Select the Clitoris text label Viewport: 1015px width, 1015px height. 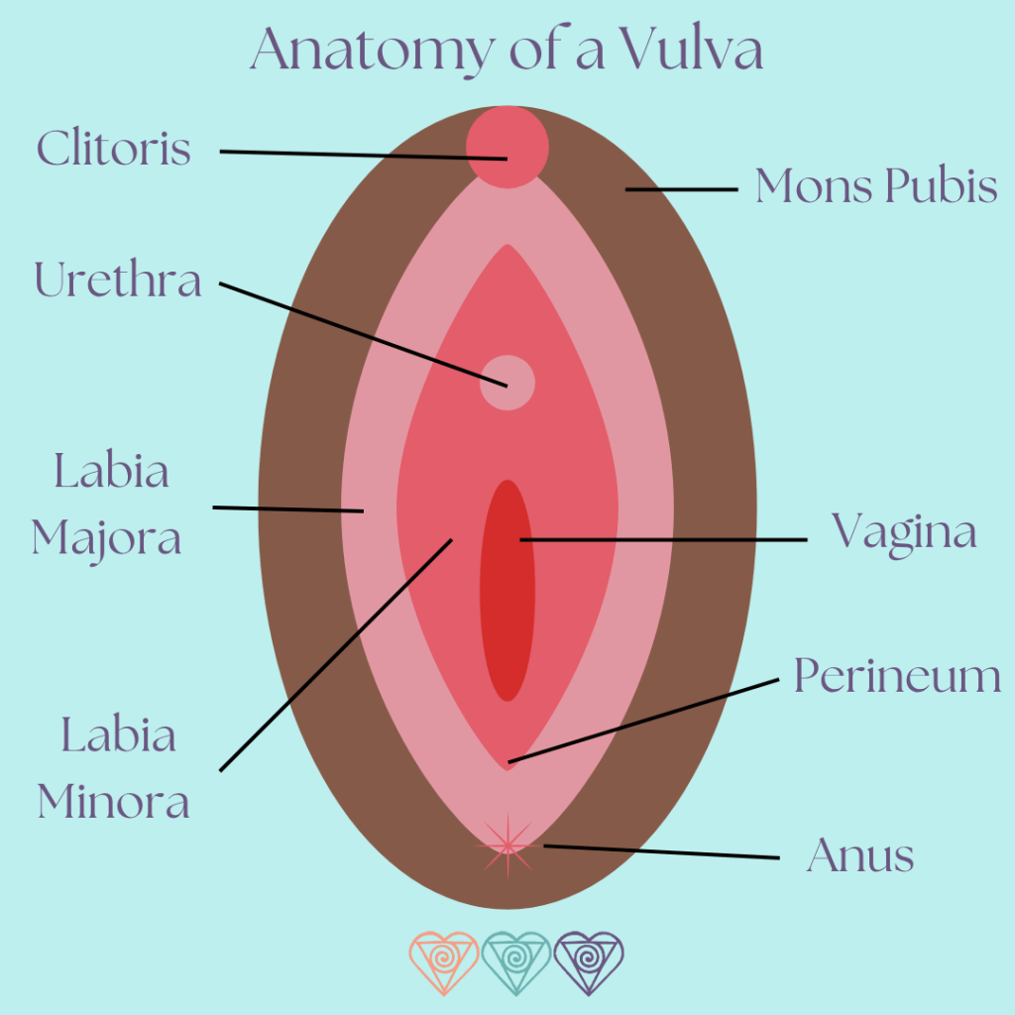pyautogui.click(x=114, y=149)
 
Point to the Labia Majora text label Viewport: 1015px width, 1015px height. pyautogui.click(x=107, y=505)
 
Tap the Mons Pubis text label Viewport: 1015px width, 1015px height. pyautogui.click(x=876, y=186)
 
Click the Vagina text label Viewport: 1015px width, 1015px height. pyautogui.click(x=904, y=532)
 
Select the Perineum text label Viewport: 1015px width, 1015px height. pyautogui.click(x=897, y=678)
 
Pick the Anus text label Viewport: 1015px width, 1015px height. pyautogui.click(x=860, y=855)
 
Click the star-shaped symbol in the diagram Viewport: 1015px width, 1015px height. pyautogui.click(x=508, y=846)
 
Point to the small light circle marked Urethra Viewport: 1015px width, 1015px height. pyautogui.click(x=507, y=383)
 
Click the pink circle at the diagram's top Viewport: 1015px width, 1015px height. pyautogui.click(x=507, y=146)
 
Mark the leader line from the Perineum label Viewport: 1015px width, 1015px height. pyautogui.click(x=644, y=720)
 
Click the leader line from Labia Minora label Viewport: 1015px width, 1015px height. pyautogui.click(x=337, y=654)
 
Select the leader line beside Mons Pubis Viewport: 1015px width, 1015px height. pyautogui.click(x=682, y=188)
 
